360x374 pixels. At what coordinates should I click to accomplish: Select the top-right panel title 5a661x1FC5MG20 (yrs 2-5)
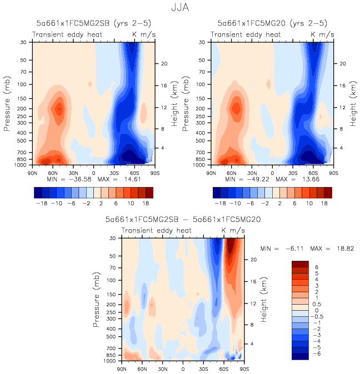coord(272,23)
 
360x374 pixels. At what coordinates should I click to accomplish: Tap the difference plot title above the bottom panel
coord(183,220)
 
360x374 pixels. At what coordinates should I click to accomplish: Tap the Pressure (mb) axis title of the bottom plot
coord(97,300)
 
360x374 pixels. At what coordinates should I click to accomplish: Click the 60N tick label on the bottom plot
coord(142,368)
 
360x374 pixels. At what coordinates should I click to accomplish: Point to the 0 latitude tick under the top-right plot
coord(272,173)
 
